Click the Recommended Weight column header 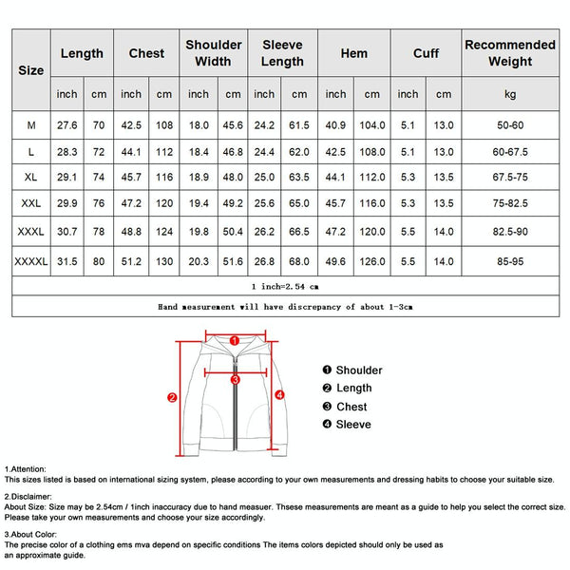click(x=510, y=53)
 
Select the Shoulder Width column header click(x=213, y=53)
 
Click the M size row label click(x=31, y=123)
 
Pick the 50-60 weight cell click(x=510, y=123)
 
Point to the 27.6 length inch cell click(x=66, y=123)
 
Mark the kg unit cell click(x=510, y=94)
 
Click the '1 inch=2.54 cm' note click(x=285, y=285)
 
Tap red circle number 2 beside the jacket click(x=172, y=398)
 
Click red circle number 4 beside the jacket click(x=280, y=393)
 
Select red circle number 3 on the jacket click(x=235, y=379)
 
